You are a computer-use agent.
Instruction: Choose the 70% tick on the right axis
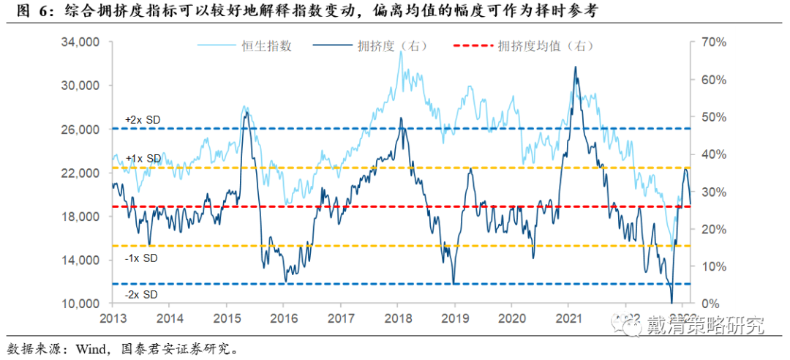[x=713, y=42]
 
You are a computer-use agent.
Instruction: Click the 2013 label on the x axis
[x=113, y=318]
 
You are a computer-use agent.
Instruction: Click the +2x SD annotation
[x=142, y=119]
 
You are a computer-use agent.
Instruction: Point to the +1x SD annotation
[x=142, y=158]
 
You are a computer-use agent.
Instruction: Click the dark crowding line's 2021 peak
[x=575, y=67]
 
